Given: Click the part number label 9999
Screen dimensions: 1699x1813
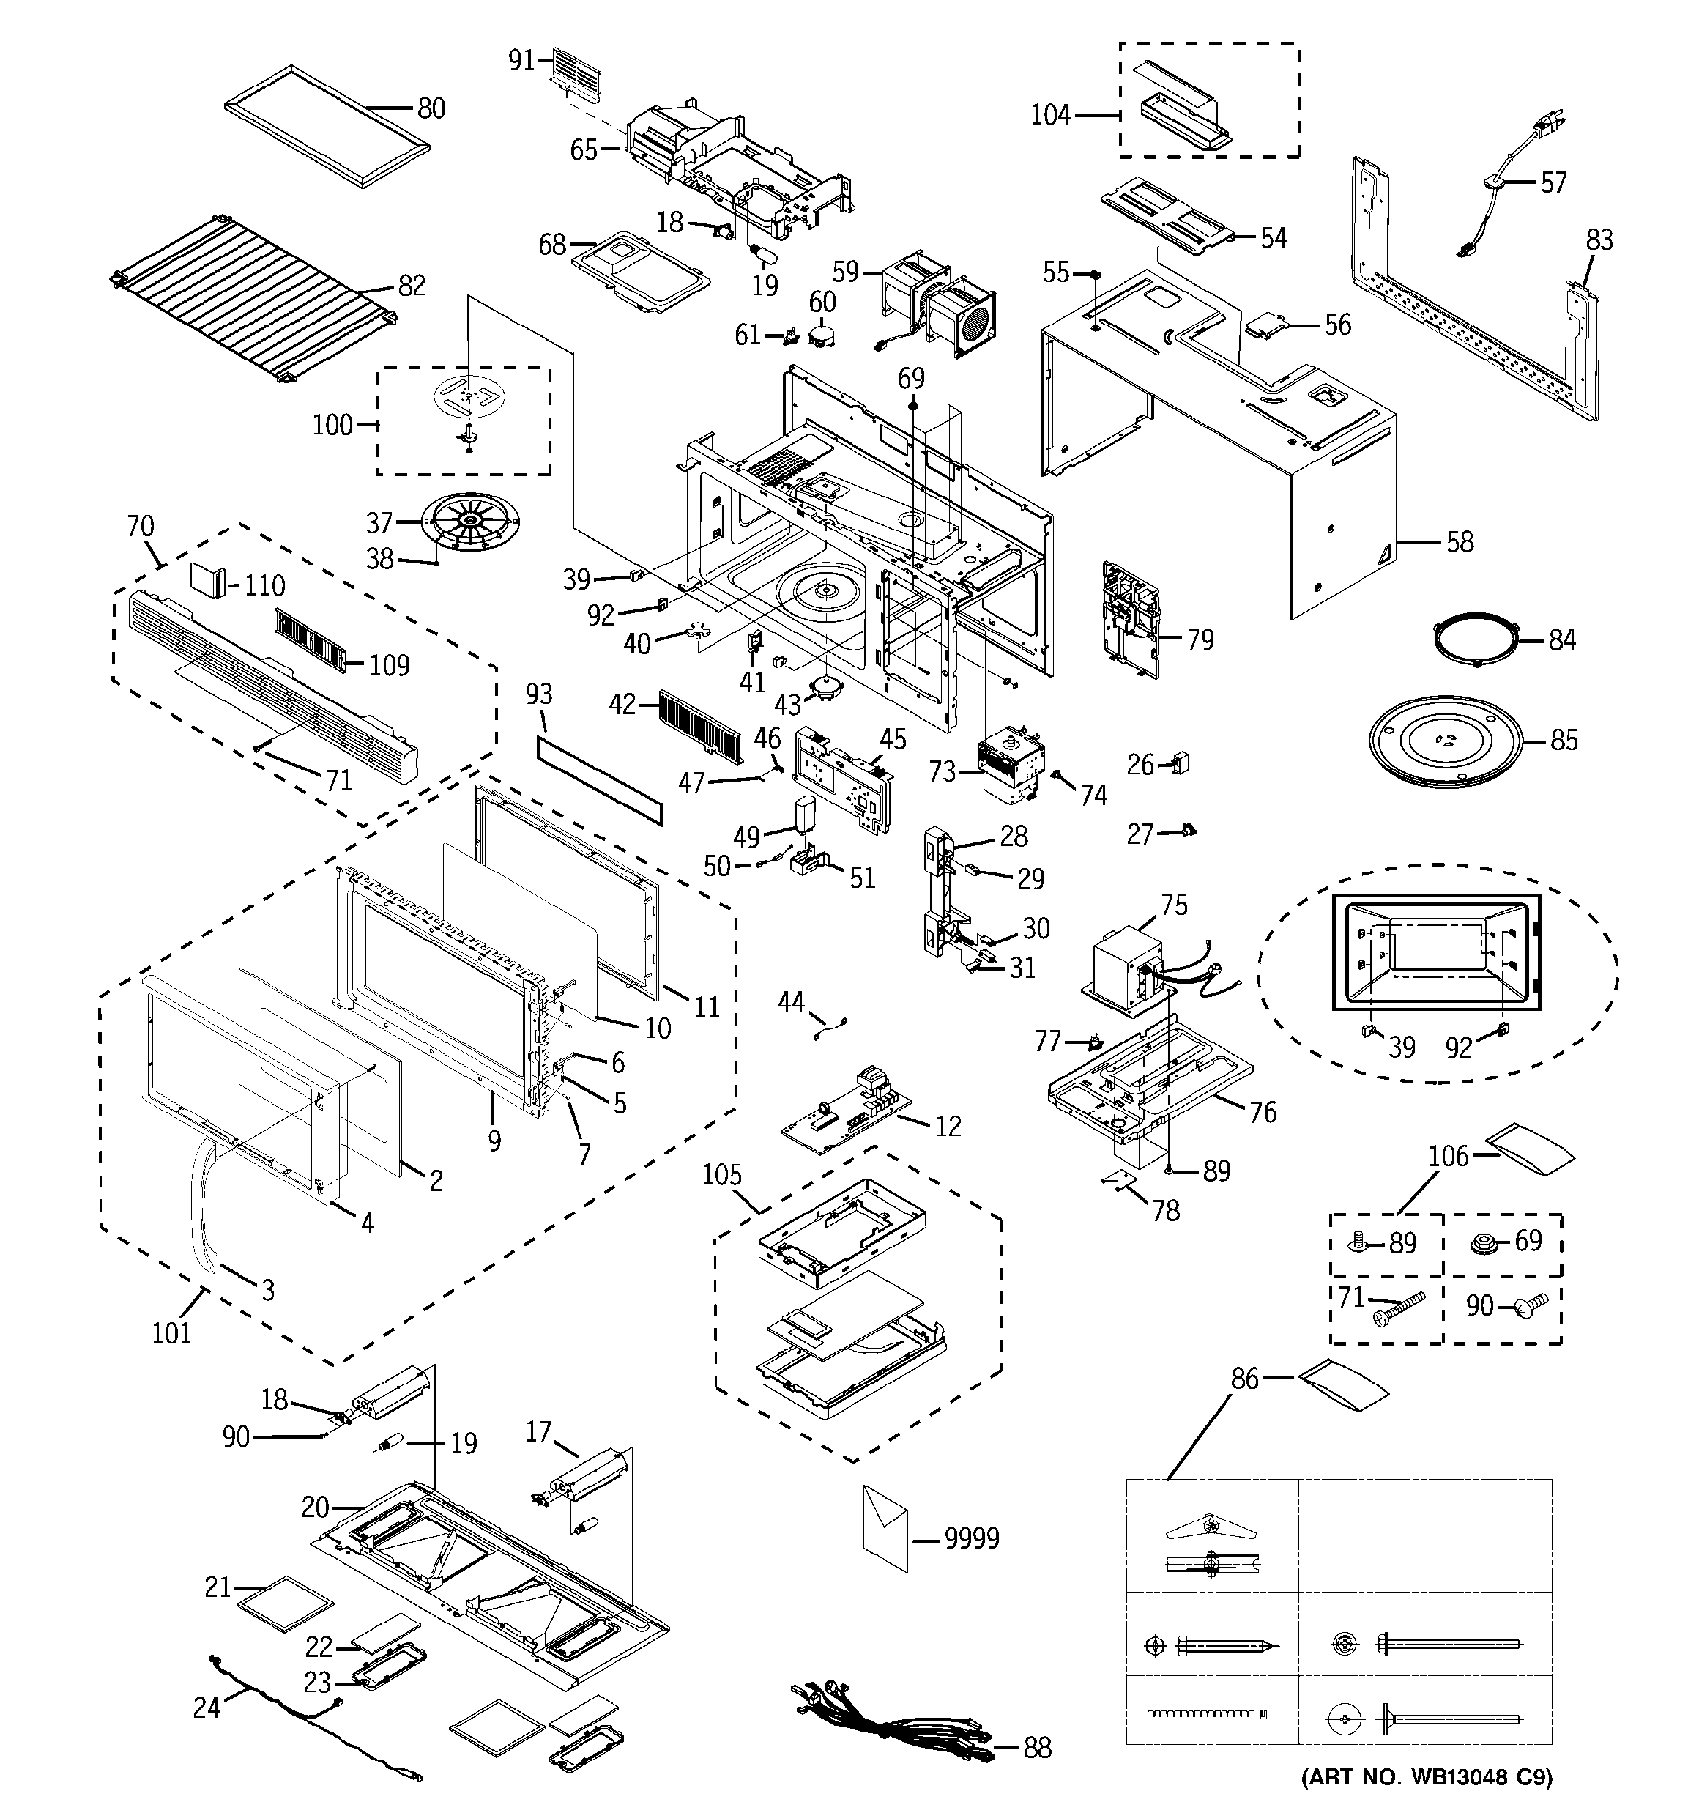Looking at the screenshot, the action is click(x=971, y=1538).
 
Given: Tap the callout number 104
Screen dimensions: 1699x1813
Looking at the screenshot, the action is click(x=1049, y=116).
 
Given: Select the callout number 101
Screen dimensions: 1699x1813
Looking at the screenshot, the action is click(x=171, y=1333).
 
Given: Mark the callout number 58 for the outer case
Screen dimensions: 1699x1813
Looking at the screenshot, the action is click(x=1459, y=542).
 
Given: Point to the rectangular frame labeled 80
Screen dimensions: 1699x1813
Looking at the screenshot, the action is click(x=327, y=127).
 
